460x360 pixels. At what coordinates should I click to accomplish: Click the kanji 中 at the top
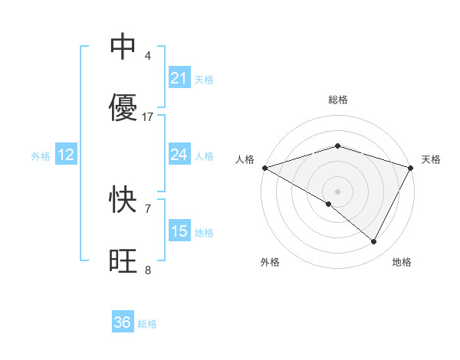tap(123, 47)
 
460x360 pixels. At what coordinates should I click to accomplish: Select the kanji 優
tap(123, 108)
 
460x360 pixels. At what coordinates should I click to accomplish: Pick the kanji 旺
tap(123, 261)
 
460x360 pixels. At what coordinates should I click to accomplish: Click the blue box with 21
tap(179, 78)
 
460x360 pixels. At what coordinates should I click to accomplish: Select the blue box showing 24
tap(179, 155)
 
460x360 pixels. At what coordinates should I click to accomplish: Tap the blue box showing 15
tap(179, 231)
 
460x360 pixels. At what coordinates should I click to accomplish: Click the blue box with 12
tap(66, 155)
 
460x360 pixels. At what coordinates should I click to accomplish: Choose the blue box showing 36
tap(123, 322)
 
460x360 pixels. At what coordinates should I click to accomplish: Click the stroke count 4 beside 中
tap(147, 56)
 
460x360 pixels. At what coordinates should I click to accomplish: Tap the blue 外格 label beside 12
tap(41, 155)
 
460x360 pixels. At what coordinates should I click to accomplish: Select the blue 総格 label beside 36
tap(147, 323)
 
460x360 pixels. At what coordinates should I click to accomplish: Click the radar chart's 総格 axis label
tap(337, 100)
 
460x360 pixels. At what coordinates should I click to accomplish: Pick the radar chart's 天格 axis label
tap(431, 159)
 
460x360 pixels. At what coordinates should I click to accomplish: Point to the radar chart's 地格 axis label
tap(402, 262)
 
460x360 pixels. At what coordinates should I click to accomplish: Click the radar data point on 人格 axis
tap(264, 168)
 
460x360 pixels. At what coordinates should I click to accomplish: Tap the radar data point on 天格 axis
tap(411, 168)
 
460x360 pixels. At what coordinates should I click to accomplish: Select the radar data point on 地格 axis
tap(374, 242)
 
